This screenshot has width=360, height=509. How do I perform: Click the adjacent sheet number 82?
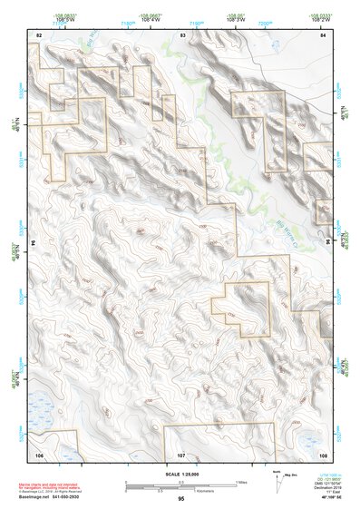click(39, 34)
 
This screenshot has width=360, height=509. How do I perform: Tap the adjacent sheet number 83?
click(182, 34)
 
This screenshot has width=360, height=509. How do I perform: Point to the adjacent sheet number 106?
click(39, 453)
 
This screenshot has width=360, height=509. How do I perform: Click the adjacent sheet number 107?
click(181, 453)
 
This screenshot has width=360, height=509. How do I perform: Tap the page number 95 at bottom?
click(181, 499)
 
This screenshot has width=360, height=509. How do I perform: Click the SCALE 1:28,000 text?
click(181, 474)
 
